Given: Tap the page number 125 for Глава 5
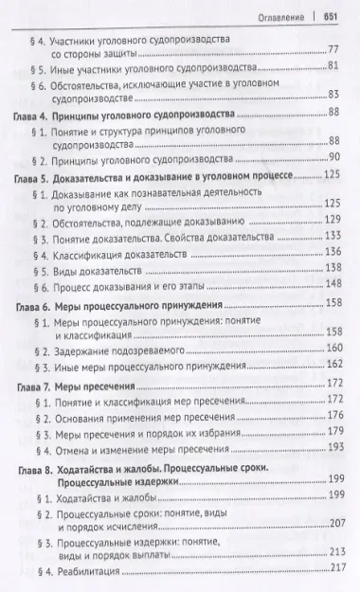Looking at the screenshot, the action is pyautogui.click(x=332, y=175).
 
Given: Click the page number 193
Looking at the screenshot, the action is pyautogui.click(x=332, y=445).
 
